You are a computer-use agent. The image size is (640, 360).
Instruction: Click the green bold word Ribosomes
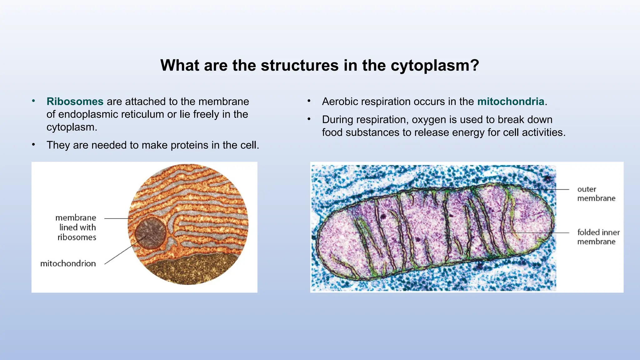(75, 102)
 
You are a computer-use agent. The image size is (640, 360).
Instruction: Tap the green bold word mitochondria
(511, 102)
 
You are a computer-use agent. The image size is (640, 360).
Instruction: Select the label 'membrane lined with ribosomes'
(76, 227)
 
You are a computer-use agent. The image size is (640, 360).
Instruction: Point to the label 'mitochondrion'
(68, 264)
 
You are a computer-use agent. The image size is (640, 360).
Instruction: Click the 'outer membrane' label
(596, 194)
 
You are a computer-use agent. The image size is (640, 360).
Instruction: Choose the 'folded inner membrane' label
(598, 237)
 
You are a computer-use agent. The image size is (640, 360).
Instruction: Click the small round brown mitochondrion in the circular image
(150, 233)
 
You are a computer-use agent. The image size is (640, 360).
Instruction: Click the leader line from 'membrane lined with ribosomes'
(117, 218)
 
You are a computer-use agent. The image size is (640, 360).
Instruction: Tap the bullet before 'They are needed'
(33, 145)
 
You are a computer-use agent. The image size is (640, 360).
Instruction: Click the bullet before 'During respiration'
(309, 119)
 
